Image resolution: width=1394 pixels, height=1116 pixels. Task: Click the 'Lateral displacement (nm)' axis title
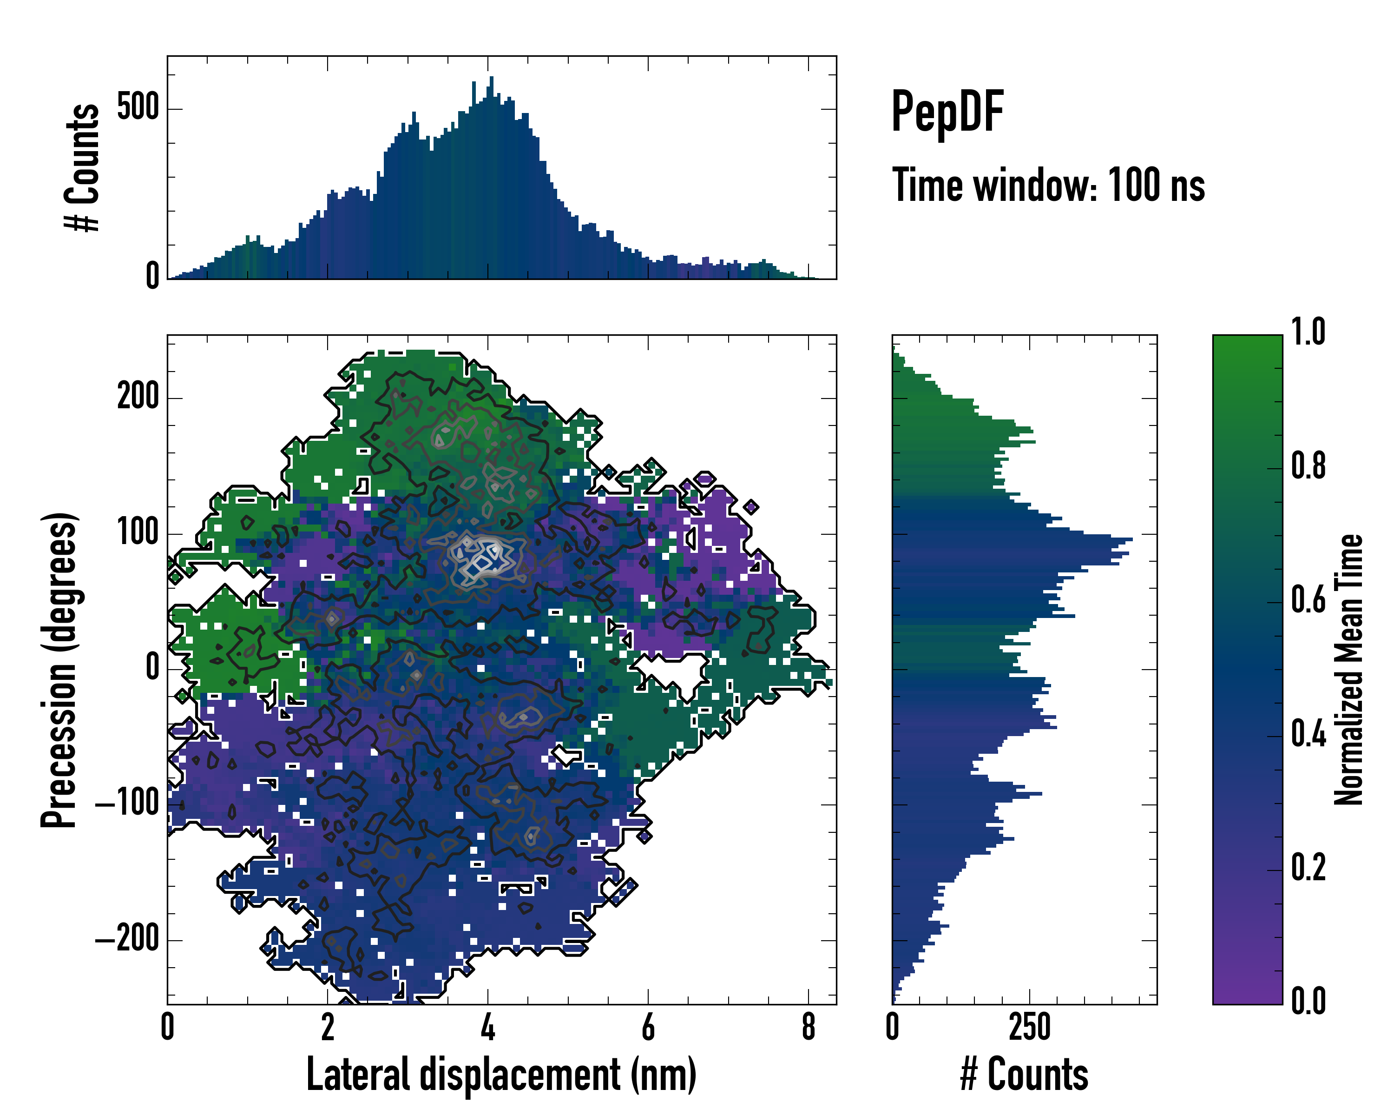(501, 1075)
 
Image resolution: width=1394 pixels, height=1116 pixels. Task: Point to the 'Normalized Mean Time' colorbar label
(1349, 670)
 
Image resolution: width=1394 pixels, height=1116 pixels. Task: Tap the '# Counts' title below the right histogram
(1024, 1075)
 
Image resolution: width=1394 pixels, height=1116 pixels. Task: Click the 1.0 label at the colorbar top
(1308, 332)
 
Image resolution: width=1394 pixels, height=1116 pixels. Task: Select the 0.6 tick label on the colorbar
(1308, 600)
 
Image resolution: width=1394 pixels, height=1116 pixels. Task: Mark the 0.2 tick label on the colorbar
(1308, 868)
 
